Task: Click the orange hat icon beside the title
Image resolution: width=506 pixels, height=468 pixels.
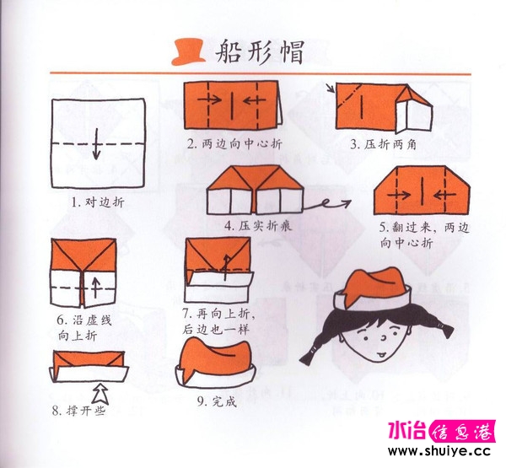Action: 188,52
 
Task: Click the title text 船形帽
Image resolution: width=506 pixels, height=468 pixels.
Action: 260,52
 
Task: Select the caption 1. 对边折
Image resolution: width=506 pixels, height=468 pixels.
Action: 98,202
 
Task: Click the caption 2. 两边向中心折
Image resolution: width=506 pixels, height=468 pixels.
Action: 234,143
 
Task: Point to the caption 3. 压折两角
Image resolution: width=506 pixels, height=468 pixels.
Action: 384,144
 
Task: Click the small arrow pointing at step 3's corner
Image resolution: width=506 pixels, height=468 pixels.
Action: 331,88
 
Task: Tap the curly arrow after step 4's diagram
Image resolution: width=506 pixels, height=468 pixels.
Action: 327,205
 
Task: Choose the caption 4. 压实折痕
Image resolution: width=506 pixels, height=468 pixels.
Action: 258,226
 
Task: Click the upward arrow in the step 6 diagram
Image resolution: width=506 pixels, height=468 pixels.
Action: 95,288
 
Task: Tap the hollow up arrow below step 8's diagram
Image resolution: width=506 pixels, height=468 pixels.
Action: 100,394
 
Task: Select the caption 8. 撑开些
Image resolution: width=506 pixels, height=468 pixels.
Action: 78,411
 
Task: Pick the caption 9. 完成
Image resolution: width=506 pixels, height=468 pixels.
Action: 218,401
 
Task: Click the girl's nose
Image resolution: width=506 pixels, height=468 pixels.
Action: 384,339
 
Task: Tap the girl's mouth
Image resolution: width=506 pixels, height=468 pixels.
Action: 381,355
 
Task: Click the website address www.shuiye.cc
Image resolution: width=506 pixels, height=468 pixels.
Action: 439,450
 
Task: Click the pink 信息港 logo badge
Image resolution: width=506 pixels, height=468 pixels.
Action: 462,431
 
